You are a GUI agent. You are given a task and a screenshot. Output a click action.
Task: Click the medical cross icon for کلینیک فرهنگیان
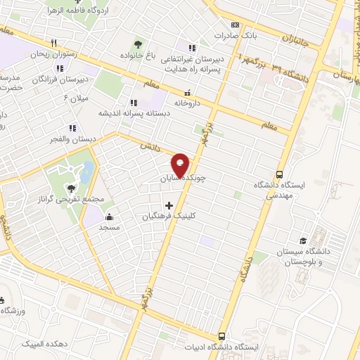167,206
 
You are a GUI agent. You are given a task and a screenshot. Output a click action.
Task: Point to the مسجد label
110,228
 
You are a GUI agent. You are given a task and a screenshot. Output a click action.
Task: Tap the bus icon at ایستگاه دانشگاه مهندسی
280,174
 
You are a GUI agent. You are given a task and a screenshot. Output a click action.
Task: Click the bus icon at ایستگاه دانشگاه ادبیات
222,336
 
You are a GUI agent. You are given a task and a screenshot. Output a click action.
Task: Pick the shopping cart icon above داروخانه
186,91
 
